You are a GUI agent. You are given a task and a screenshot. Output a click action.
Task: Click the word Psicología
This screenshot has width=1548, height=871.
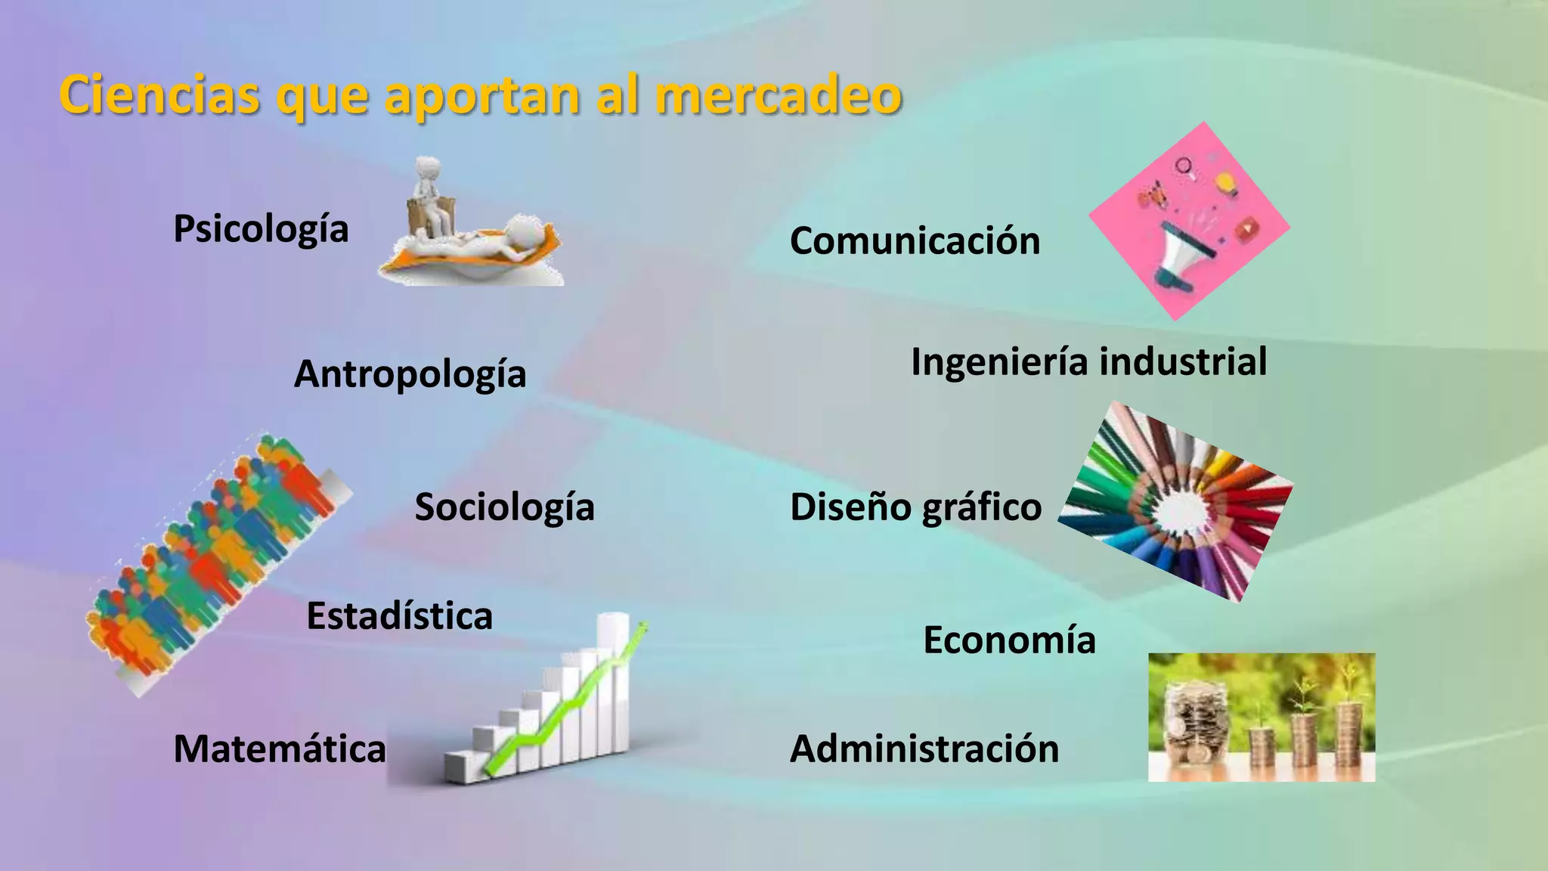point(261,229)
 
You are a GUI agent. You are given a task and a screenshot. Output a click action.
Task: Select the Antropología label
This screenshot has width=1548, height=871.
point(410,374)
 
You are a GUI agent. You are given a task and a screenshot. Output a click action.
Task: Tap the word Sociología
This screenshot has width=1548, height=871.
point(504,507)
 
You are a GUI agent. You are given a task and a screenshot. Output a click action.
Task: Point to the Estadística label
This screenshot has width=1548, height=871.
point(399,615)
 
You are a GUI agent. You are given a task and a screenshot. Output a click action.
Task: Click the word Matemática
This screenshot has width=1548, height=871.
point(280,749)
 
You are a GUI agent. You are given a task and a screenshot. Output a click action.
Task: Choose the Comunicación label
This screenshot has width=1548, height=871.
point(915,241)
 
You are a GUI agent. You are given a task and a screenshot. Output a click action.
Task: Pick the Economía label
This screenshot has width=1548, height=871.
point(1009,640)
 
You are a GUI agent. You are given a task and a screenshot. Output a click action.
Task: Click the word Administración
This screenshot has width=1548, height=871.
point(924,749)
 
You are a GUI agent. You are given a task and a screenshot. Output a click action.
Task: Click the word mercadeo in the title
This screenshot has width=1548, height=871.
point(779,95)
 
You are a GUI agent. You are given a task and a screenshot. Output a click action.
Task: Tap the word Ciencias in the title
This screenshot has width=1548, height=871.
point(159,95)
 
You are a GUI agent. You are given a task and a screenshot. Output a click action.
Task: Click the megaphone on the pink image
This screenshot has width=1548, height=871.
point(1183,253)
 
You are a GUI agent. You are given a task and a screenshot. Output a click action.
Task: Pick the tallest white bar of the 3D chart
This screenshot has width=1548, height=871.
point(613,680)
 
